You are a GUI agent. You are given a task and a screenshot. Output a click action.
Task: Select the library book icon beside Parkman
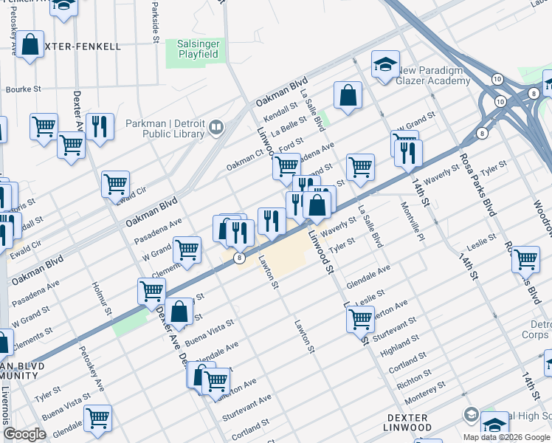tap(216, 127)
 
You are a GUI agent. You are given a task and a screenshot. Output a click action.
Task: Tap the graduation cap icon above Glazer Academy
tap(385, 66)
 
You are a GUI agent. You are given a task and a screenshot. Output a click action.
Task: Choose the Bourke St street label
tap(23, 89)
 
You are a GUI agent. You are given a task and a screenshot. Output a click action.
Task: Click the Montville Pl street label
tap(412, 221)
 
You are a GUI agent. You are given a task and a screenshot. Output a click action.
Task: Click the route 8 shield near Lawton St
tap(239, 258)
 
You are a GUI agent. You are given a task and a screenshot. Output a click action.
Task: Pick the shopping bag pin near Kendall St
tap(348, 95)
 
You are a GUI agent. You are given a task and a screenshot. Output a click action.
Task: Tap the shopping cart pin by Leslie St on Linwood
tap(360, 320)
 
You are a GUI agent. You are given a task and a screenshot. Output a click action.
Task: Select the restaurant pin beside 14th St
tap(407, 153)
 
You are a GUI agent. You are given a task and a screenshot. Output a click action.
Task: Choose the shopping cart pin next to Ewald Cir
tap(116, 185)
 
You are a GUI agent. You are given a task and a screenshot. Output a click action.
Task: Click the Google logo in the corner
tap(24, 434)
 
